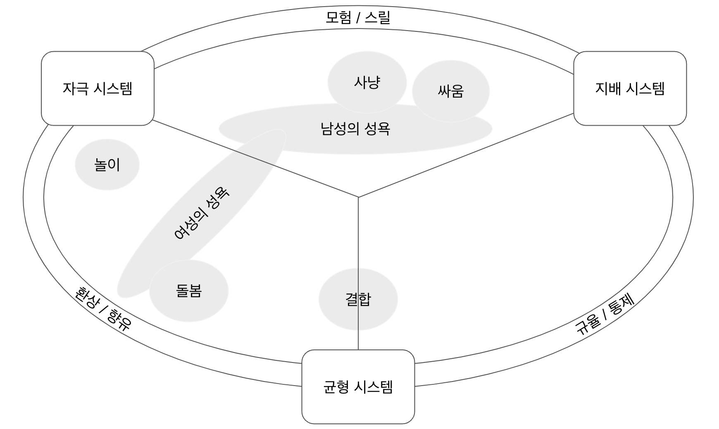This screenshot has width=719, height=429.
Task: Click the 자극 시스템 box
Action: [x=98, y=88]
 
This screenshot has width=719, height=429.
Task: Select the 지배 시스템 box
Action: [x=630, y=88]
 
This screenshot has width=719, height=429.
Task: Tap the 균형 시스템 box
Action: [x=358, y=387]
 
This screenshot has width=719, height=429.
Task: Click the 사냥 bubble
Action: [x=367, y=82]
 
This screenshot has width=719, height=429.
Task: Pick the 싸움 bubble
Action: [x=451, y=91]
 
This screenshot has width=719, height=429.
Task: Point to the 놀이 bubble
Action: [x=107, y=164]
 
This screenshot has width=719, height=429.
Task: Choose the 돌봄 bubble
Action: [x=189, y=291]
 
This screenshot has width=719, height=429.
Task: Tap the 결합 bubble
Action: [x=358, y=299]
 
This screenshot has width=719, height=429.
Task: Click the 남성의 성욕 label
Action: [x=355, y=129]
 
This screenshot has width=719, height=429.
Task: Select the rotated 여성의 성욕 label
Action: [x=201, y=214]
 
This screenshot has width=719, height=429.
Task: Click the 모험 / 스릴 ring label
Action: [x=358, y=18]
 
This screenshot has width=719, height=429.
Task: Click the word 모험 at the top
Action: [x=338, y=18]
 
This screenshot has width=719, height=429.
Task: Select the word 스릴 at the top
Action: [x=377, y=18]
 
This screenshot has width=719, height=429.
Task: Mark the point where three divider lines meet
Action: [x=358, y=197]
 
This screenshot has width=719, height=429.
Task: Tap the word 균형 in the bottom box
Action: [x=336, y=387]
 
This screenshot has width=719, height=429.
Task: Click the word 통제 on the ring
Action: [x=621, y=305]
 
